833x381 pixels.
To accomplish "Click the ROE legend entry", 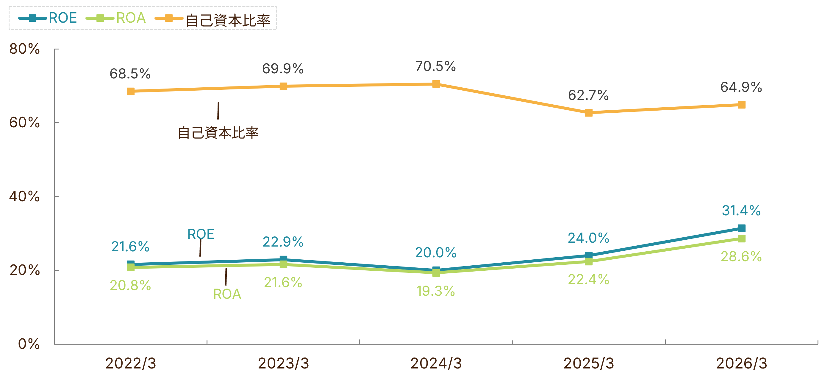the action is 48,18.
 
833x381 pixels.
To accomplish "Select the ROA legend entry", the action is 115,18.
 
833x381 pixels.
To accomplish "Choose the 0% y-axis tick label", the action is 29,344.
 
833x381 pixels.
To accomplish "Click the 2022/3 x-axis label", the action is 131,363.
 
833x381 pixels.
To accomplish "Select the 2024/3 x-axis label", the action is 436,363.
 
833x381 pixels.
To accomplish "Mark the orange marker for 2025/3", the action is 589,113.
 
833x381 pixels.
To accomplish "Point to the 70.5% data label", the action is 436,66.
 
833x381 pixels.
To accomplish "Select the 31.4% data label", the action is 741,210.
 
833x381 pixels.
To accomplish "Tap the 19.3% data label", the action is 436,291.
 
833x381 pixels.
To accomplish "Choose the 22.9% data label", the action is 283,242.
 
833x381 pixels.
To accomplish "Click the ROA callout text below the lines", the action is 227,294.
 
